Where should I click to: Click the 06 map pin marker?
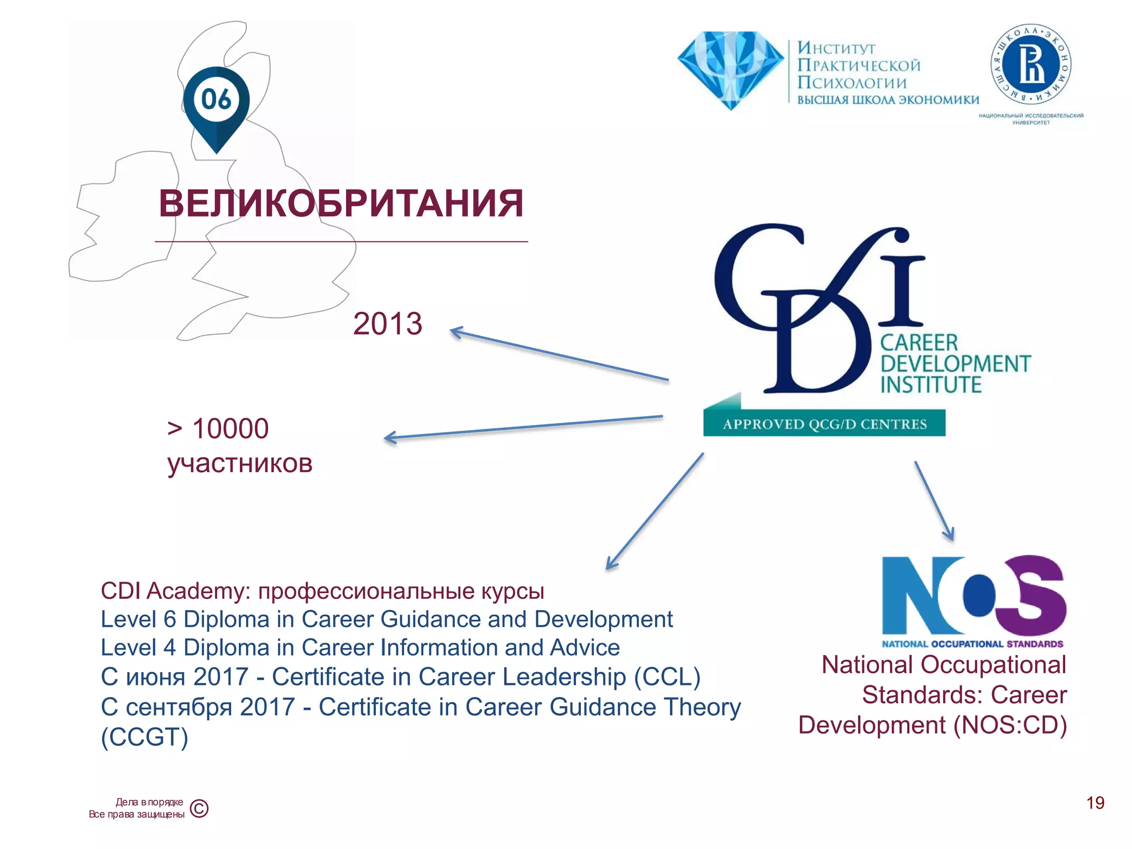(216, 105)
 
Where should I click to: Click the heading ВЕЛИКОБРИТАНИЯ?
(340, 203)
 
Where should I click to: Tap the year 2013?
(387, 323)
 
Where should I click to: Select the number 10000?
(230, 428)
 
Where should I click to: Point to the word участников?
(240, 463)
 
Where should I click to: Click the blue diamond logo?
(730, 69)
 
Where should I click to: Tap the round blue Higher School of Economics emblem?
(1031, 65)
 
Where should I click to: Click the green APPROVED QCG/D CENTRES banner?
(824, 423)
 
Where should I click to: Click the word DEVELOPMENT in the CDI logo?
(955, 364)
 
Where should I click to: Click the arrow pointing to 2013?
(558, 355)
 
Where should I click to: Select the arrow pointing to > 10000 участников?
(523, 427)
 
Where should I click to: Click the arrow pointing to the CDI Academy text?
(655, 511)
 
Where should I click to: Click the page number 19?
(1095, 803)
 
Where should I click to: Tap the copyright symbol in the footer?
(199, 809)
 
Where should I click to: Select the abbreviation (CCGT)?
(145, 737)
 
